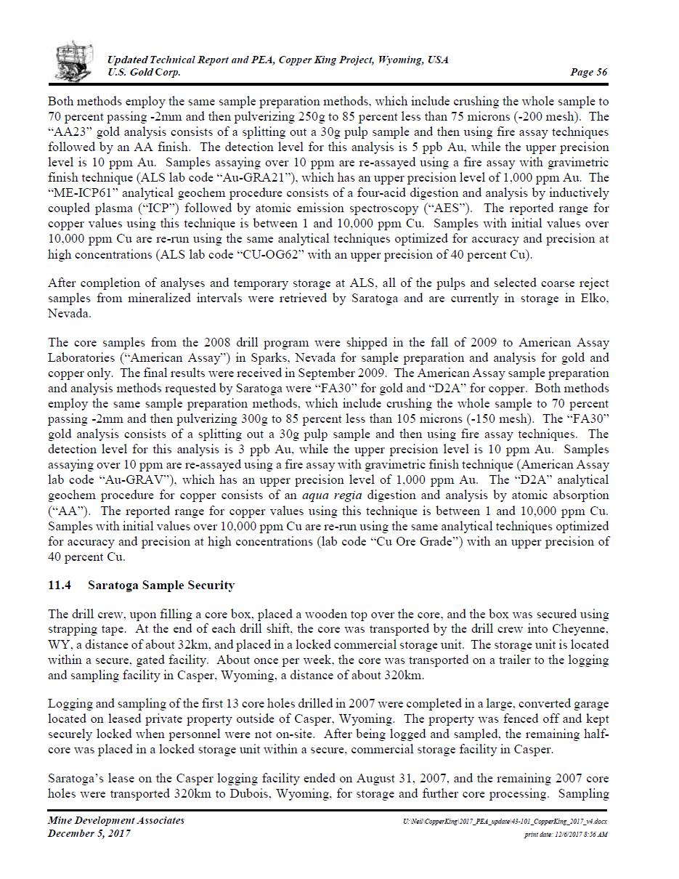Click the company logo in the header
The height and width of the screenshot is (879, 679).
click(x=74, y=62)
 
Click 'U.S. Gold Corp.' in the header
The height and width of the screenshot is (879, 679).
click(x=144, y=72)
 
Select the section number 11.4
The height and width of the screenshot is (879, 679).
click(x=58, y=585)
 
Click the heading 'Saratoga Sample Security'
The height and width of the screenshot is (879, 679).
click(x=161, y=585)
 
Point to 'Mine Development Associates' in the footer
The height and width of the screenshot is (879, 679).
click(x=116, y=820)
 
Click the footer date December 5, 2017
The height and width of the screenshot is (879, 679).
click(x=89, y=833)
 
